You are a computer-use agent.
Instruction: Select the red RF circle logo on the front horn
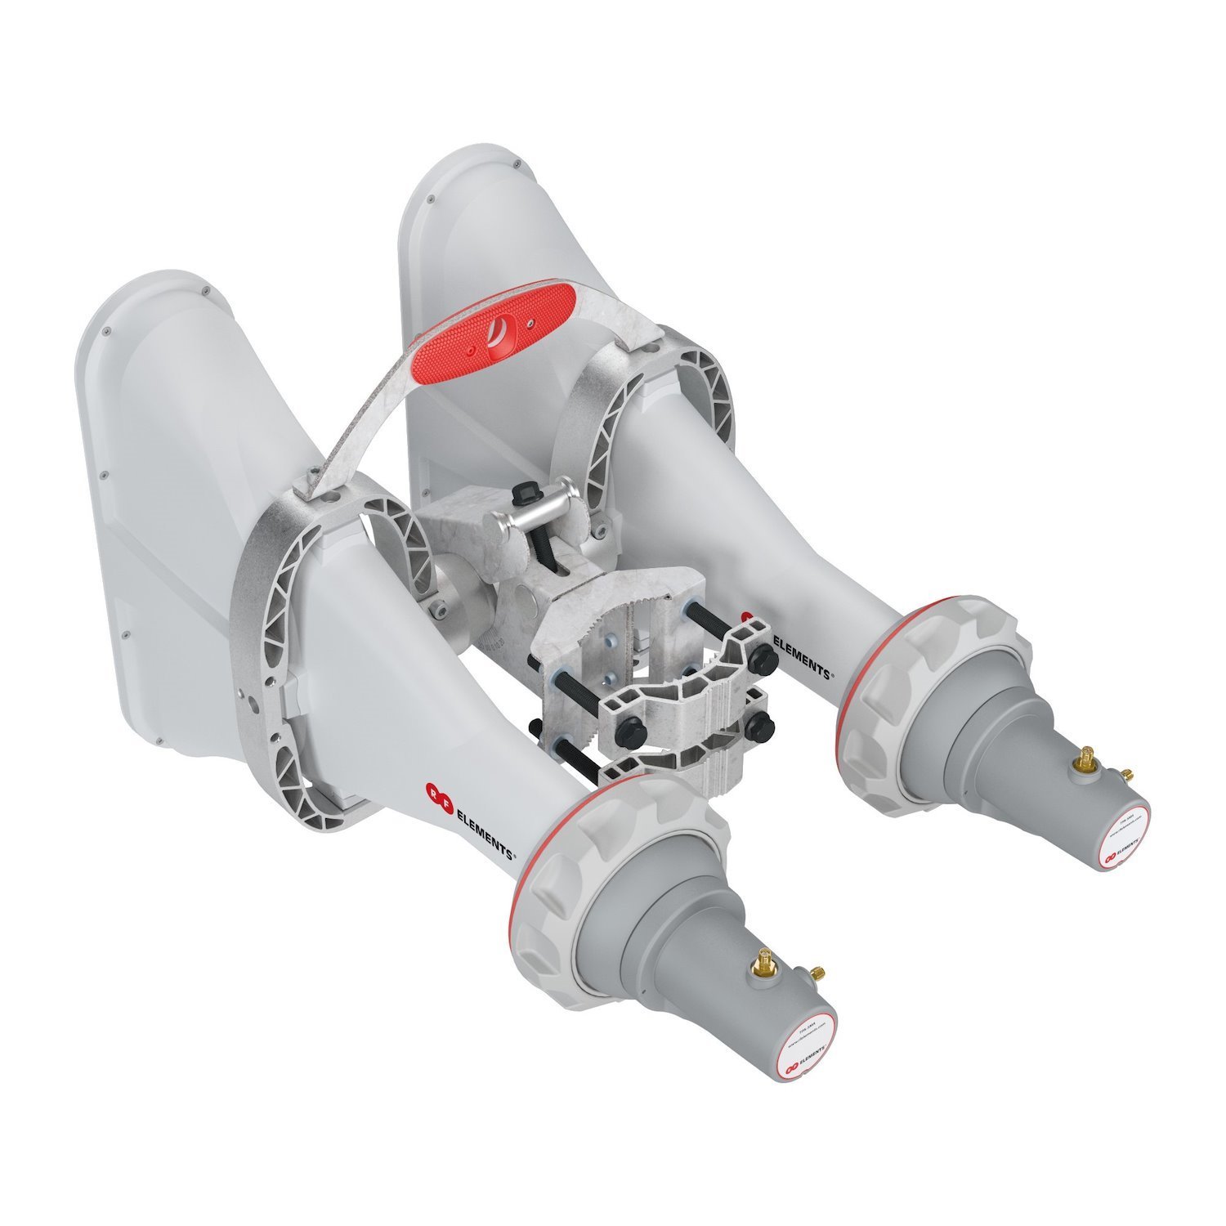433,790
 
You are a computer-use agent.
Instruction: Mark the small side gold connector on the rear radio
1126,772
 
